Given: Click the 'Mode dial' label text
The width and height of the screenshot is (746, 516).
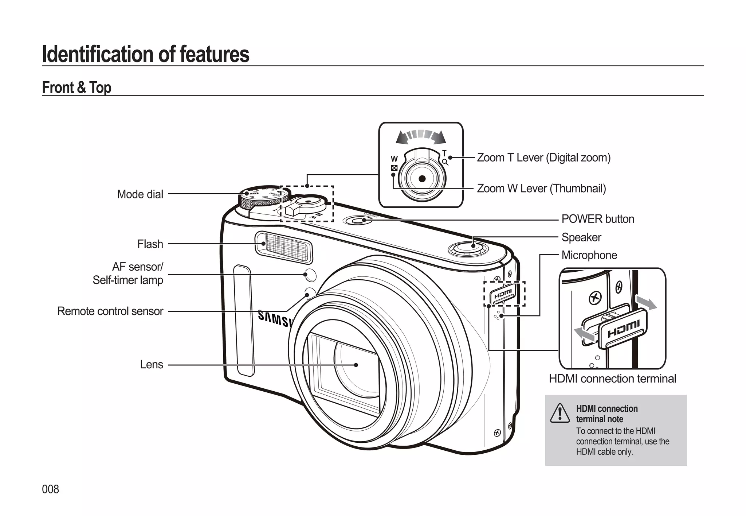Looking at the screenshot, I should (140, 194).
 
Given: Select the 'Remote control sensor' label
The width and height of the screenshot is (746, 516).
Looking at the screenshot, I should (110, 311).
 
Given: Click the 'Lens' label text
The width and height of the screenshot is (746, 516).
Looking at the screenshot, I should (152, 364).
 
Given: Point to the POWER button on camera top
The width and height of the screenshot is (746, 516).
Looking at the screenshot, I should (357, 221).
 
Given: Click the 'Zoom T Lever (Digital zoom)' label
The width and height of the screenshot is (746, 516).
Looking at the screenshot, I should (543, 158).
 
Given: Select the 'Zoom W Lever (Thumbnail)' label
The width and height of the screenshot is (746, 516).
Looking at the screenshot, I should (541, 189).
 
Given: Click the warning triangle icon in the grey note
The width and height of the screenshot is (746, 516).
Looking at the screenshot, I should (559, 414).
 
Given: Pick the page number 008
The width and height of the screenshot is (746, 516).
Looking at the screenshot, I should (50, 489).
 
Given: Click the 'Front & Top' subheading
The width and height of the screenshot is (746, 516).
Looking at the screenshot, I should (76, 88).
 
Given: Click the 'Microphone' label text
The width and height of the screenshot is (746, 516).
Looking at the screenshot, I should (589, 255).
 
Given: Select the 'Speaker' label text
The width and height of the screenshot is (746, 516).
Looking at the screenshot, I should (581, 237).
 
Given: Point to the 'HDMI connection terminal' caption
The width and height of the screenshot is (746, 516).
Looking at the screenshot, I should (612, 379).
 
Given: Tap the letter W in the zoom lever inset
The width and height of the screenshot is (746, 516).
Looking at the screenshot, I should (394, 159).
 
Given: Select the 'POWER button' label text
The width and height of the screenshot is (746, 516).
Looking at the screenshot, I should (597, 219).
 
